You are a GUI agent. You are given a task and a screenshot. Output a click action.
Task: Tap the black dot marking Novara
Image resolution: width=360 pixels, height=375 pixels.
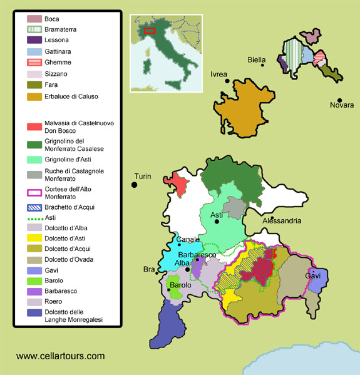coord(339,100)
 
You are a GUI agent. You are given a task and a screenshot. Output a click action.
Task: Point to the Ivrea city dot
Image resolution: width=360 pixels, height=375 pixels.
coord(228,81)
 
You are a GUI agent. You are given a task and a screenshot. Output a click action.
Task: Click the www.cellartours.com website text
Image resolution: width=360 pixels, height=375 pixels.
coord(60,356)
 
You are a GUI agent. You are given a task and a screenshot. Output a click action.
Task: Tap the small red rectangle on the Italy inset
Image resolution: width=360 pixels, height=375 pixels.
coord(149,29)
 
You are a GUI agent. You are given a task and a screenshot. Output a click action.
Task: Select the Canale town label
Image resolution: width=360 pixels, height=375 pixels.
coord(188,239)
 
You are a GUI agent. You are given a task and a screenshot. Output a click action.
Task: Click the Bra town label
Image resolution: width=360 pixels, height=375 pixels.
coord(148,269)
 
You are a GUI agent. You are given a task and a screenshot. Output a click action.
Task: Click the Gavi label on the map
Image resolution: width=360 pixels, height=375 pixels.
coord(312,275)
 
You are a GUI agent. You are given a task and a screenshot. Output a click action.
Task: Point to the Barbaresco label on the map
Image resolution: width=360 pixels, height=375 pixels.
coord(198,255)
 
